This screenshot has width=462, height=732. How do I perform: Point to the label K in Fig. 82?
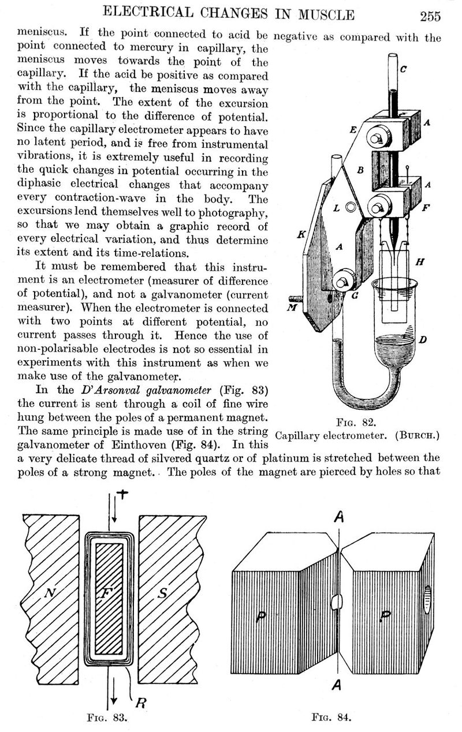tap(301, 235)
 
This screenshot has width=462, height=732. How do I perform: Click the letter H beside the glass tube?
tap(420, 262)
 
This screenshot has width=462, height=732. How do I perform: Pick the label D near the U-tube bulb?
tap(422, 340)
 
